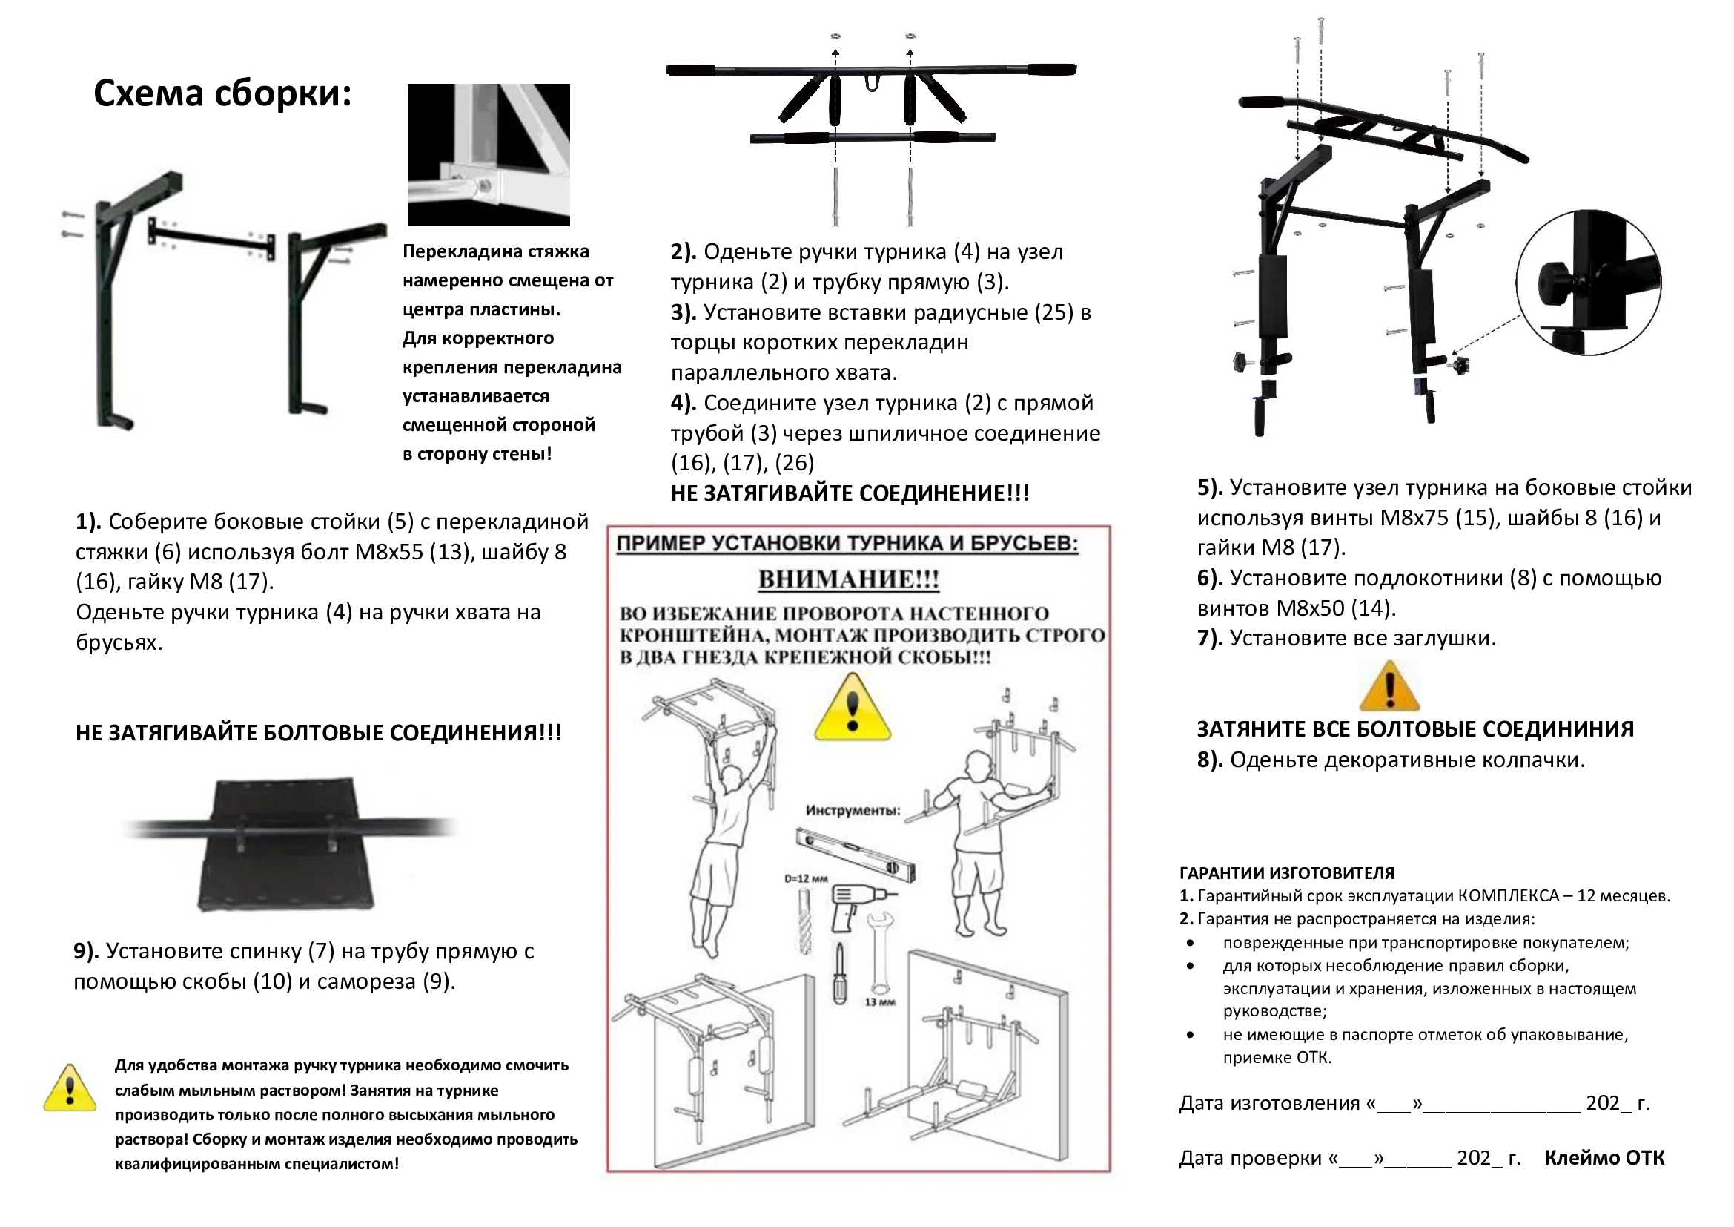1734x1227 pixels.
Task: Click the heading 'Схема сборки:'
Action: point(222,94)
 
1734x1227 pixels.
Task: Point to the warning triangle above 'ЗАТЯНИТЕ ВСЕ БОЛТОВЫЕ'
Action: point(1389,688)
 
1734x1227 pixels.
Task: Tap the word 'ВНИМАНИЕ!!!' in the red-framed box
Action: point(848,580)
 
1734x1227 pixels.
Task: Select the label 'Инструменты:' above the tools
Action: point(853,811)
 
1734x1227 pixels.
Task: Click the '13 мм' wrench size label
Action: point(880,1001)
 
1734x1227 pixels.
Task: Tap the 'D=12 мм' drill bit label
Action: point(806,878)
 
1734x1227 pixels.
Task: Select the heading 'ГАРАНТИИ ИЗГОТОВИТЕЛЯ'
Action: point(1287,873)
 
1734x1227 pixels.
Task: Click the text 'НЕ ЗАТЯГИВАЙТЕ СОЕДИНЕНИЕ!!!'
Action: point(850,493)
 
